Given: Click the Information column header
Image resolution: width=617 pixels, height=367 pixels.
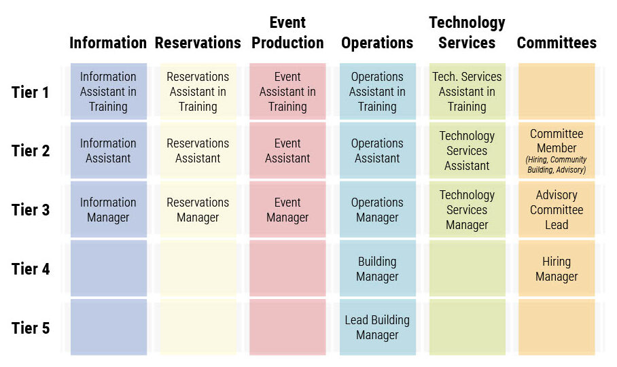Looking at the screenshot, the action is click(x=108, y=43).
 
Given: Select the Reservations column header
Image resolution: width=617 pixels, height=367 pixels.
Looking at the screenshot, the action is click(x=198, y=43).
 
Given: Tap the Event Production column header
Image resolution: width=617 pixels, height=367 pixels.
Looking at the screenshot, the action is click(x=287, y=33).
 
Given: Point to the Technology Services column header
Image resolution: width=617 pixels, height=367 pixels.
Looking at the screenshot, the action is click(x=467, y=33).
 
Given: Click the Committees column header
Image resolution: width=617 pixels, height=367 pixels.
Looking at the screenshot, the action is click(x=557, y=43).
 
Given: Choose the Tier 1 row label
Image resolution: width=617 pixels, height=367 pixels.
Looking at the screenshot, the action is click(x=31, y=92).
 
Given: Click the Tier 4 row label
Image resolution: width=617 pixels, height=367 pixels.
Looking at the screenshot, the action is click(x=31, y=269).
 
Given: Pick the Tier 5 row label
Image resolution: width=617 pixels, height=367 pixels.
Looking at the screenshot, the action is click(x=31, y=328).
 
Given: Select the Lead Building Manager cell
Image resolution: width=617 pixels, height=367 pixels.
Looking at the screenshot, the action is click(x=377, y=328).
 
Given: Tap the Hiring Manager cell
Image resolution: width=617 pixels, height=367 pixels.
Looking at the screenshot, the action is click(x=557, y=268).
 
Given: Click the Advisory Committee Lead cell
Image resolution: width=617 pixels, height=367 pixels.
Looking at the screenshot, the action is click(x=557, y=209).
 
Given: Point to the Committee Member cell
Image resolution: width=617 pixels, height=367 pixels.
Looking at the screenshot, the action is click(x=557, y=150).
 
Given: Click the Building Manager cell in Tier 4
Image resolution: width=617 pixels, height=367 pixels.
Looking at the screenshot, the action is click(x=377, y=268).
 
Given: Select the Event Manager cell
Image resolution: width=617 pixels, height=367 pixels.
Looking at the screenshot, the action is click(x=287, y=209).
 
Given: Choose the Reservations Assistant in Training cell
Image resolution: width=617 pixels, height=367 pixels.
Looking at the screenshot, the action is click(x=198, y=91).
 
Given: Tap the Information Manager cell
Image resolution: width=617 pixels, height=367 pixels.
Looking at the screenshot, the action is click(x=109, y=209).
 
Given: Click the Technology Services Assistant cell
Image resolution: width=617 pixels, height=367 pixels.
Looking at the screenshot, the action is click(x=467, y=150).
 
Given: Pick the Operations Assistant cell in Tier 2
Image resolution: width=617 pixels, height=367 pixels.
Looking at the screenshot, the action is click(x=377, y=150).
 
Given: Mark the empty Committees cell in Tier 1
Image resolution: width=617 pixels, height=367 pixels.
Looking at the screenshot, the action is click(x=557, y=91).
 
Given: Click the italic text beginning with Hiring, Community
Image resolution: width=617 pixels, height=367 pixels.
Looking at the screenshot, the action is click(x=557, y=164).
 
